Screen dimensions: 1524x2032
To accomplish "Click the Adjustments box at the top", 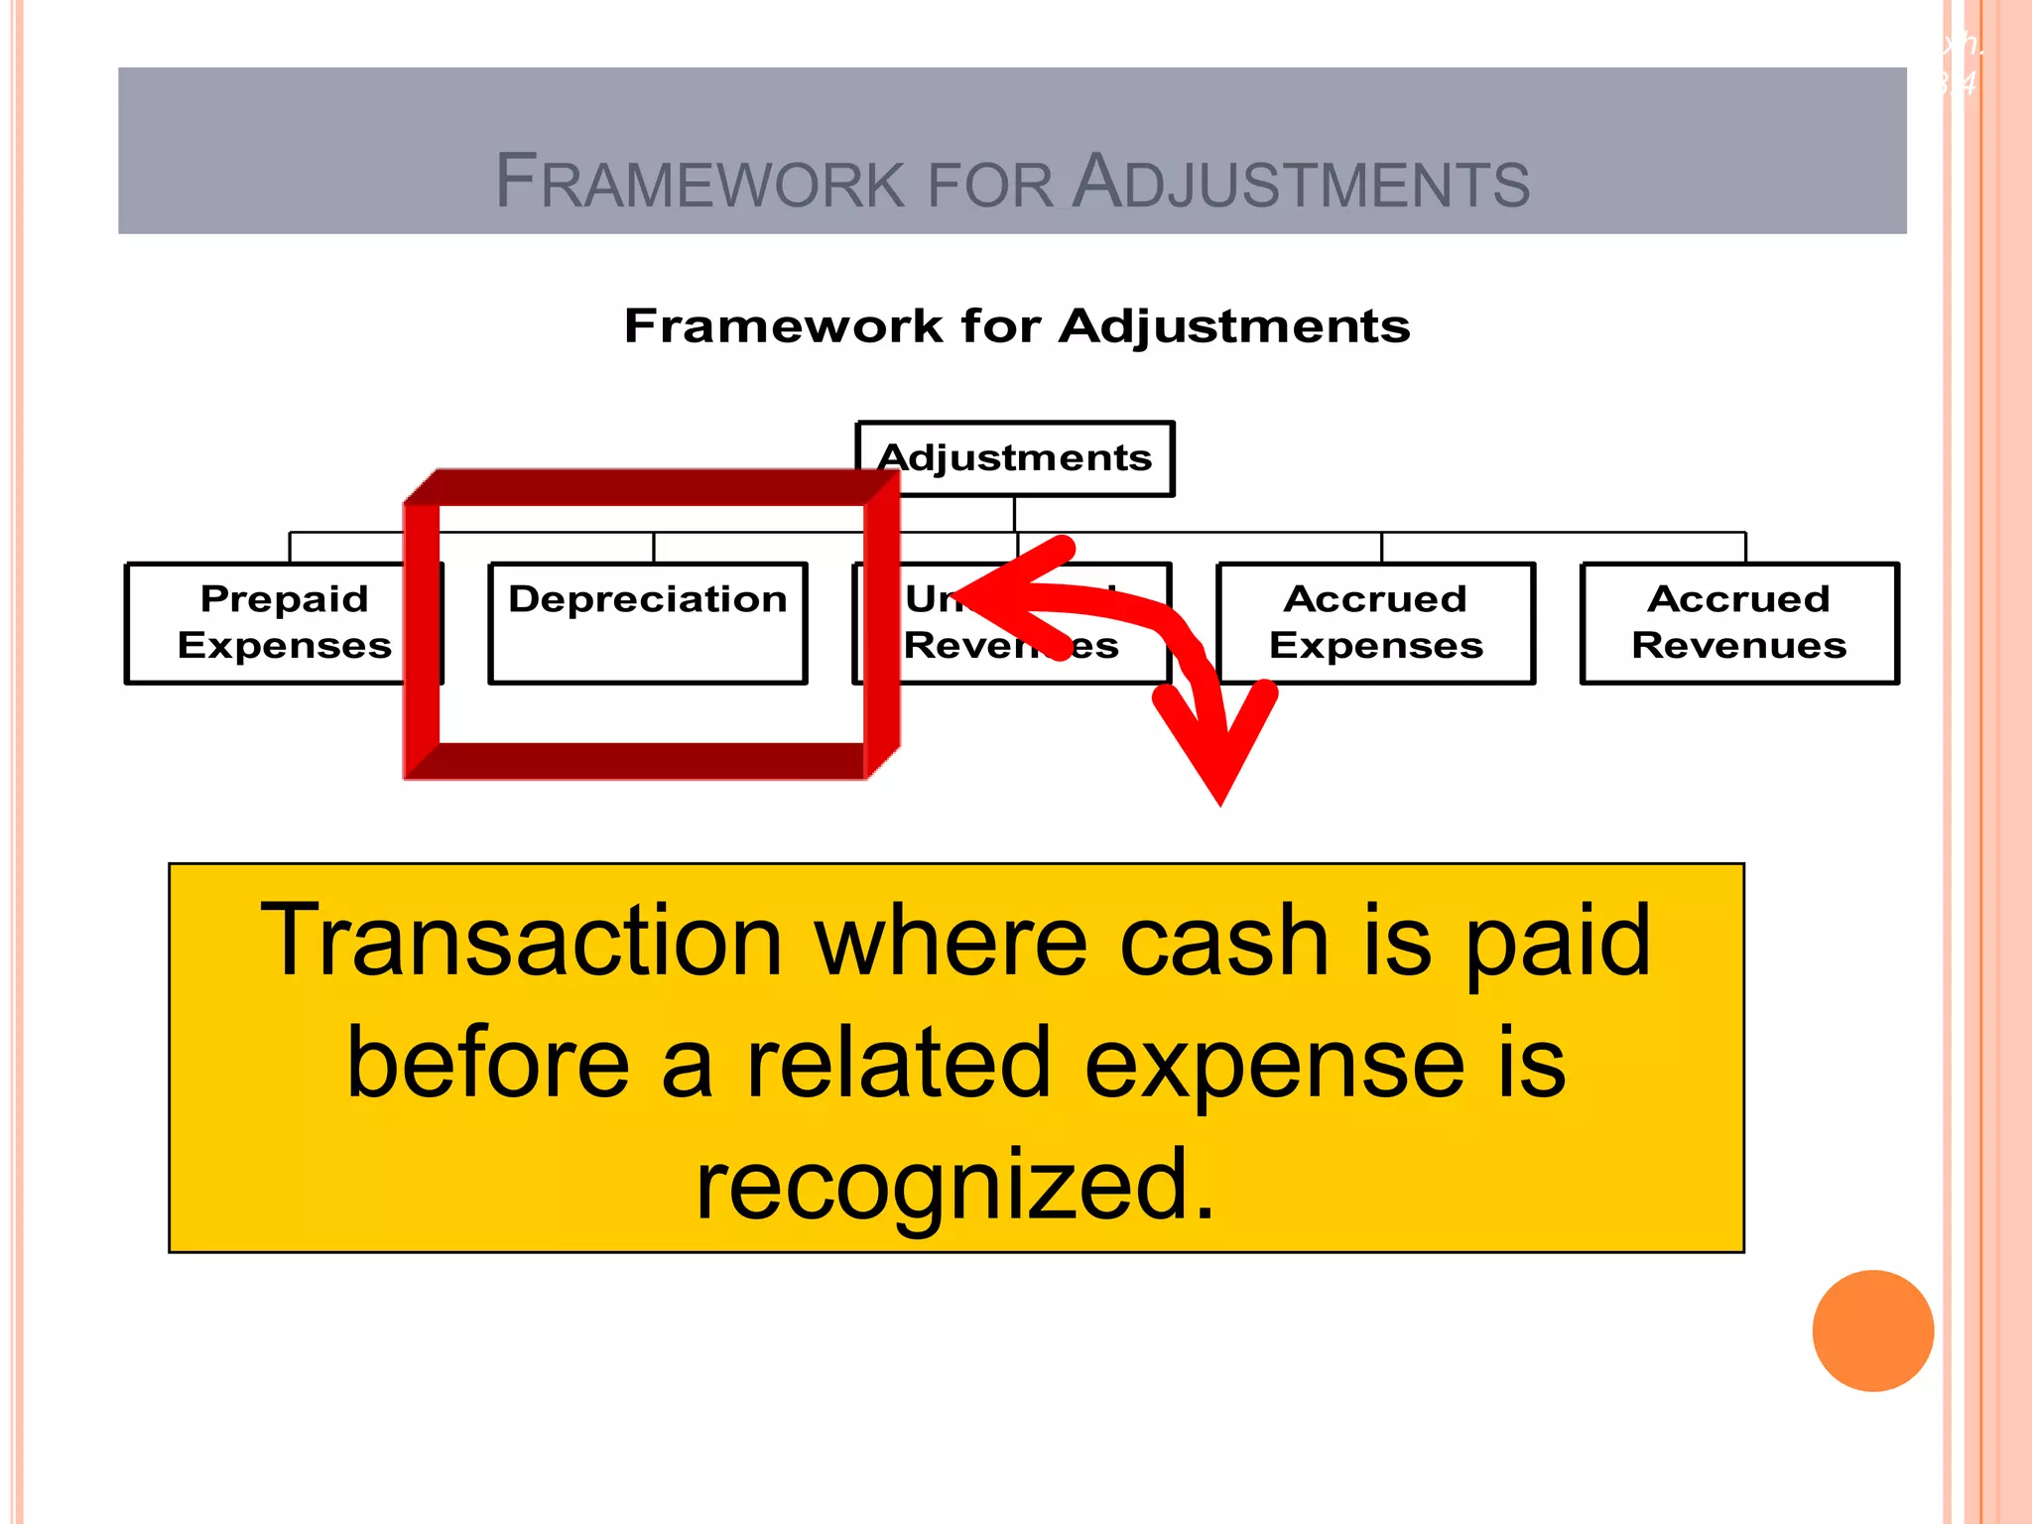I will [x=1015, y=458].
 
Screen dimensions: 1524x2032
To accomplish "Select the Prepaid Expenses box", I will [x=284, y=622].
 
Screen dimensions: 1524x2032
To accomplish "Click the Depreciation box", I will [x=648, y=622].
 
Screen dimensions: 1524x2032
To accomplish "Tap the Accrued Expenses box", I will [x=1375, y=622].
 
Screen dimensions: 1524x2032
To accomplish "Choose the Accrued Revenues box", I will [x=1738, y=622].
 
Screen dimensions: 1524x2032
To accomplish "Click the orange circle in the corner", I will [x=1872, y=1331].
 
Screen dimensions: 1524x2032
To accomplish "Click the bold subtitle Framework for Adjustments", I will [x=1016, y=326].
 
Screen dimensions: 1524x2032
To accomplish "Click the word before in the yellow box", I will [x=487, y=1064].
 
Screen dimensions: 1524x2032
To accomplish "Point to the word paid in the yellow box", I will [x=1557, y=941].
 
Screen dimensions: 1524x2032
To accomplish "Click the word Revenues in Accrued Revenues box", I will [x=1738, y=646].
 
